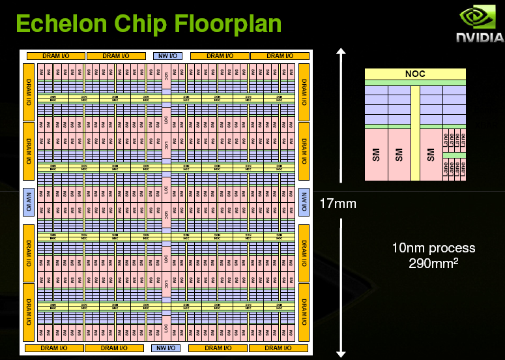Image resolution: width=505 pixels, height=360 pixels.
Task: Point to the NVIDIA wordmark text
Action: click(x=479, y=38)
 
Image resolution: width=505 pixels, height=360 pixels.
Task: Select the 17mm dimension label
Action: click(x=338, y=203)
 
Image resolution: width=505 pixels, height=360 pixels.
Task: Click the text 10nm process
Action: click(x=433, y=248)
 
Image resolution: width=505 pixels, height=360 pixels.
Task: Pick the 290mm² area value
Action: click(x=433, y=264)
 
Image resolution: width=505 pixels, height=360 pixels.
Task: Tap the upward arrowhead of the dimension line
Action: click(x=339, y=52)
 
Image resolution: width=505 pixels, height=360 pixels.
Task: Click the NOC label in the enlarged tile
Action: click(x=415, y=74)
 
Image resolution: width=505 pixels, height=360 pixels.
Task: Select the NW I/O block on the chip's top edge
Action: click(x=166, y=56)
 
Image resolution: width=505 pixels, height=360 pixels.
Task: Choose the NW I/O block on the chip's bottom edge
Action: click(x=166, y=348)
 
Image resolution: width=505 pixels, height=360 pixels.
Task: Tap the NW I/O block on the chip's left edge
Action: click(x=28, y=202)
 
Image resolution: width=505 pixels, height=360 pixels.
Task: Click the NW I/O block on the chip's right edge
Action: click(x=304, y=202)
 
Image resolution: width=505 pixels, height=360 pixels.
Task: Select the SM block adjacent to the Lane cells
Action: click(x=431, y=155)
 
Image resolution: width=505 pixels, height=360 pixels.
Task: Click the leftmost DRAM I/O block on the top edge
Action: click(x=55, y=56)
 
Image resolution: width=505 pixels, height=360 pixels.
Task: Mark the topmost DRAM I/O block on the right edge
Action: click(x=304, y=91)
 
